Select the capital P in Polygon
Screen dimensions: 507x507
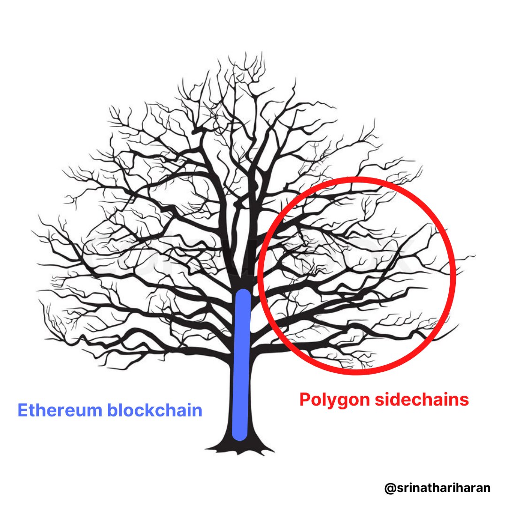tap(306, 399)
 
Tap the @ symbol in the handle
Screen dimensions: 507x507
tap(389, 488)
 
